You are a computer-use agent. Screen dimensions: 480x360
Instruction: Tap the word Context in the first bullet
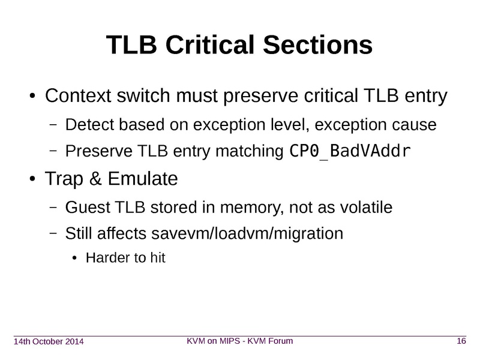pos(78,95)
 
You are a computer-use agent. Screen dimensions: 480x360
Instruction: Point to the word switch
pos(143,95)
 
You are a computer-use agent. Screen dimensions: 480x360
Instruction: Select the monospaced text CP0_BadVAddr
pos(350,151)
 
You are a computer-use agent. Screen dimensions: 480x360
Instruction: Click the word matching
pos(250,151)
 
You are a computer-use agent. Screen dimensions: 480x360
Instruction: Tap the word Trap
pos(64,179)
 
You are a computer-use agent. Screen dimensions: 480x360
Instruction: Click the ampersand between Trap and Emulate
pos(95,178)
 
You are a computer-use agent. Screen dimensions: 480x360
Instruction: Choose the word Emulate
pos(143,178)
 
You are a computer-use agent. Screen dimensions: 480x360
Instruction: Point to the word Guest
pos(88,207)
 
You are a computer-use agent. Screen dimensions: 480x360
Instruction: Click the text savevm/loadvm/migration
pos(247,233)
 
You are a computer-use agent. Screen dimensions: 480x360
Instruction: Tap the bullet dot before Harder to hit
pos(74,259)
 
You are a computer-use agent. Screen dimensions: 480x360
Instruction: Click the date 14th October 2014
pos(49,341)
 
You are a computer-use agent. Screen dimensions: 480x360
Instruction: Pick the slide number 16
pos(461,341)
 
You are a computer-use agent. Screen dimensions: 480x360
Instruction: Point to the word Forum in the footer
pos(281,341)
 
